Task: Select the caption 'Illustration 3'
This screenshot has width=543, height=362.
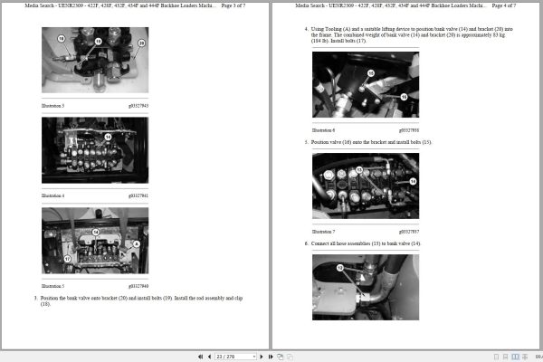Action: pos(52,106)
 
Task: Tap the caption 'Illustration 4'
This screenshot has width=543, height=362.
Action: pos(52,195)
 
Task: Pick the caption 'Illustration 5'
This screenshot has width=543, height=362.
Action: pos(52,286)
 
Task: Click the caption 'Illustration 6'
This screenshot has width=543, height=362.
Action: pos(323,130)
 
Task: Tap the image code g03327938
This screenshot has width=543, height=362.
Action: pos(408,130)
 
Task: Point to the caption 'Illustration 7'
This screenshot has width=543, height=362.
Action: pos(323,232)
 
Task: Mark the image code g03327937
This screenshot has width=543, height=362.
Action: pos(408,232)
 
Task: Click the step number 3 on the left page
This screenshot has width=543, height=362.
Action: pos(35,297)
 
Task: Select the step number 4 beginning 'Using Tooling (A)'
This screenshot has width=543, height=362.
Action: pos(306,29)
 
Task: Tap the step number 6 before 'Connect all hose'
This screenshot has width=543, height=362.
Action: pos(306,243)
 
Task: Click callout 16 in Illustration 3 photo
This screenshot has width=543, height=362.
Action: pos(61,40)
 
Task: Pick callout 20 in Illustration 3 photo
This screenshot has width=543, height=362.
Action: pos(140,43)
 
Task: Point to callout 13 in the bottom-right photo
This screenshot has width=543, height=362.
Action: pos(341,268)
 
